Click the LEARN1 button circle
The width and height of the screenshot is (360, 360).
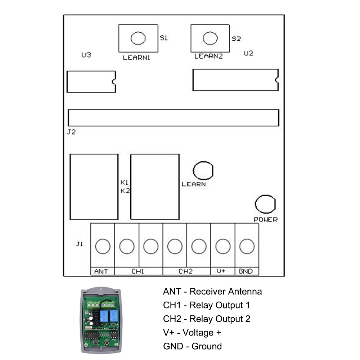138,38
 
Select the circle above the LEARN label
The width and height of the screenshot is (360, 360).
203,170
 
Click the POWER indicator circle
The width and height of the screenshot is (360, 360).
265,204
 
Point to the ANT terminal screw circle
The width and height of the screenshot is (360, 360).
102,247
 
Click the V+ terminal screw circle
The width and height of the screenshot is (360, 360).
222,247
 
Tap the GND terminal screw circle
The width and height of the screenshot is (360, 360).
247,247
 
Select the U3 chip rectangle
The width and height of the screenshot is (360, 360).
91,82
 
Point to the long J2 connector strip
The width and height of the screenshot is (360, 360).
173,118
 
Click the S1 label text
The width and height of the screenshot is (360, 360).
164,38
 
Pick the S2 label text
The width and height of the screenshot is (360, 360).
236,39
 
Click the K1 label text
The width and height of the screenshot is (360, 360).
125,183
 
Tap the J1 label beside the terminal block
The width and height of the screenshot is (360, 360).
80,244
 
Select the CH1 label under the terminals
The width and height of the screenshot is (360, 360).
138,271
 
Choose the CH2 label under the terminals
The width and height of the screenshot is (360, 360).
186,271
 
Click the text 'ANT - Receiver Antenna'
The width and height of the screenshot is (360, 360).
212,291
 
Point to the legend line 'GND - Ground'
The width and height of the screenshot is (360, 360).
192,346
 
